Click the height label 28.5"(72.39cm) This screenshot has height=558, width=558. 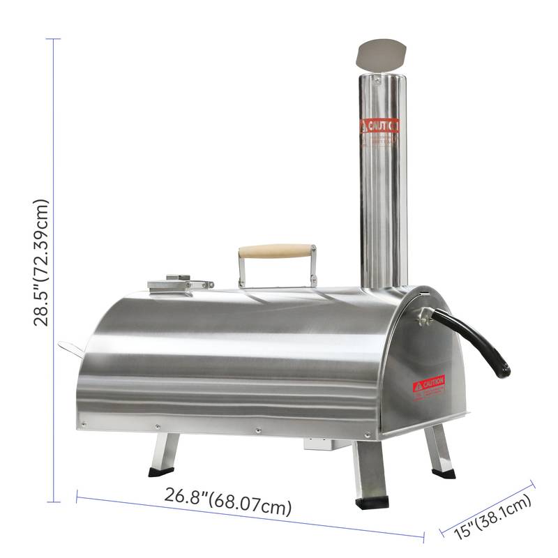42,262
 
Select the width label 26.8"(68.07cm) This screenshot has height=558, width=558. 228,502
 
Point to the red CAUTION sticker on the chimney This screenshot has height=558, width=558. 379,126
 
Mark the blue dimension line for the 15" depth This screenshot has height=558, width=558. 488,507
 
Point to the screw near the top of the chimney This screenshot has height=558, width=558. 377,81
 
